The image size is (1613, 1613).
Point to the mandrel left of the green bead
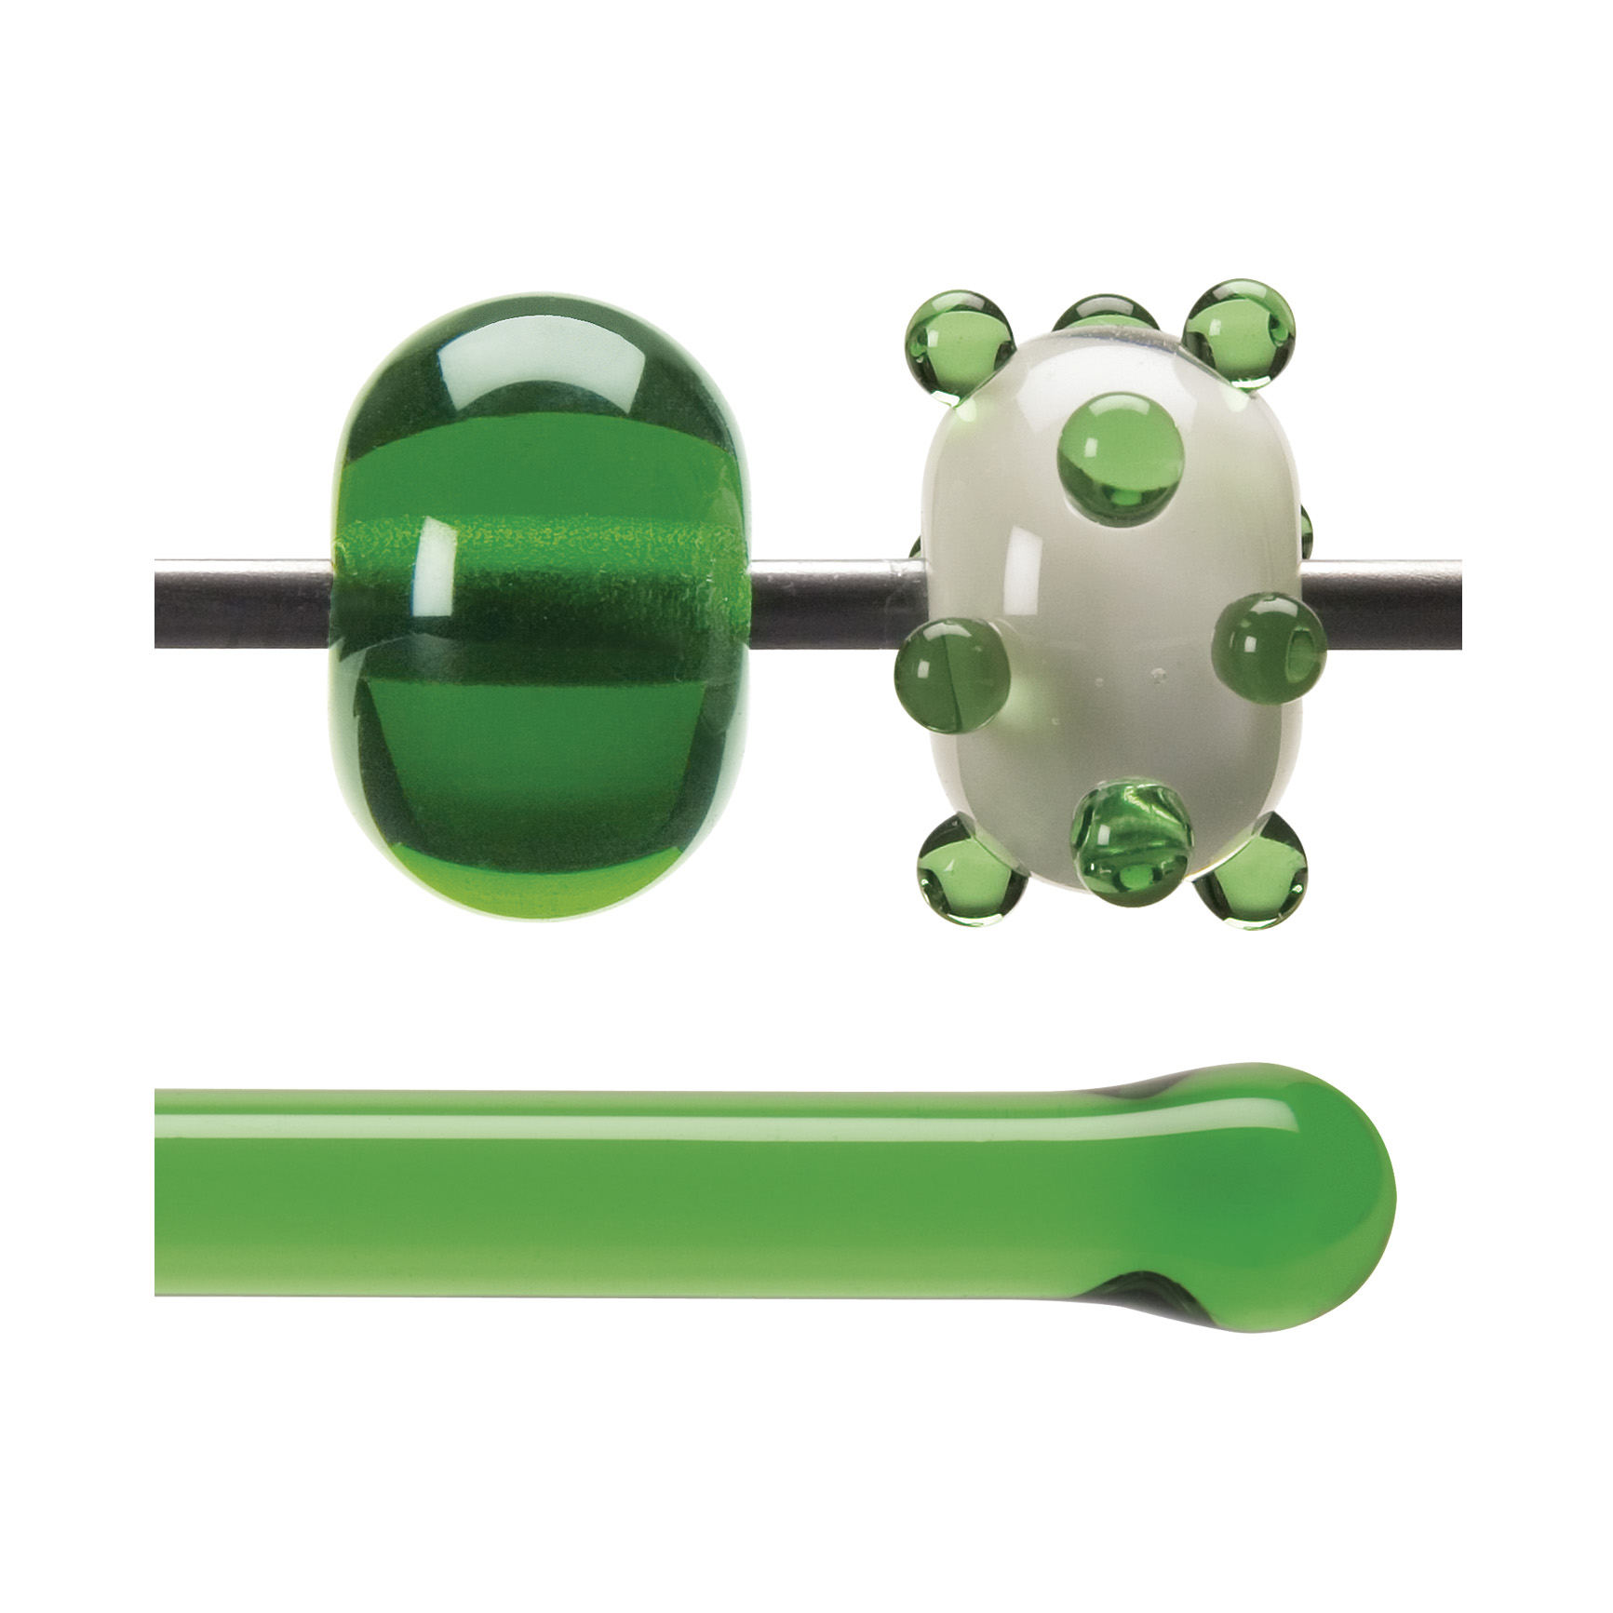coord(242,591)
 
